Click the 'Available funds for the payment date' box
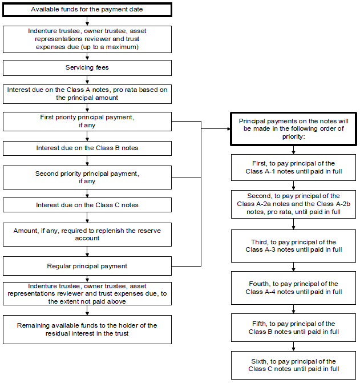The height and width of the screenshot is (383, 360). click(87, 10)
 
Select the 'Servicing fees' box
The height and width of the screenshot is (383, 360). click(87, 68)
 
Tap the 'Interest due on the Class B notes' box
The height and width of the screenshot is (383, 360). click(87, 148)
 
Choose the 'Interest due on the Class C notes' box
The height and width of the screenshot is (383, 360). click(87, 205)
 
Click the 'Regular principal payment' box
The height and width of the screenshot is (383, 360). click(87, 266)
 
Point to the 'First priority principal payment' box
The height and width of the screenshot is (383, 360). click(87, 122)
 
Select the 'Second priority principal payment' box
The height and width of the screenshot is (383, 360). click(87, 178)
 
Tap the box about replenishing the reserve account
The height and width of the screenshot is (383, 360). click(87, 235)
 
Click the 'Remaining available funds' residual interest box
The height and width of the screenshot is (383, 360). click(87, 329)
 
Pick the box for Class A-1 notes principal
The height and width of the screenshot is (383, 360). click(293, 168)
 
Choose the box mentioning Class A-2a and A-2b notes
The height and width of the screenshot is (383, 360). click(293, 204)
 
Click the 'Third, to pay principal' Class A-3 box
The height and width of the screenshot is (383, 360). click(293, 246)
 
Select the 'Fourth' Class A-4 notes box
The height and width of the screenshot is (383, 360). click(293, 288)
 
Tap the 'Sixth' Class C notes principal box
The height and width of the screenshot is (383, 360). click(293, 365)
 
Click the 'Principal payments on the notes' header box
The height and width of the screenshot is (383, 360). click(293, 129)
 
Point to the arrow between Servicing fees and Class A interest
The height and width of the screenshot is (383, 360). click(87, 80)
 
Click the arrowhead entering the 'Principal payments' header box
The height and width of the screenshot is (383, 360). click(229, 129)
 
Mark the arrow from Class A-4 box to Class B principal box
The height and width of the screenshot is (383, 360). click(293, 309)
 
